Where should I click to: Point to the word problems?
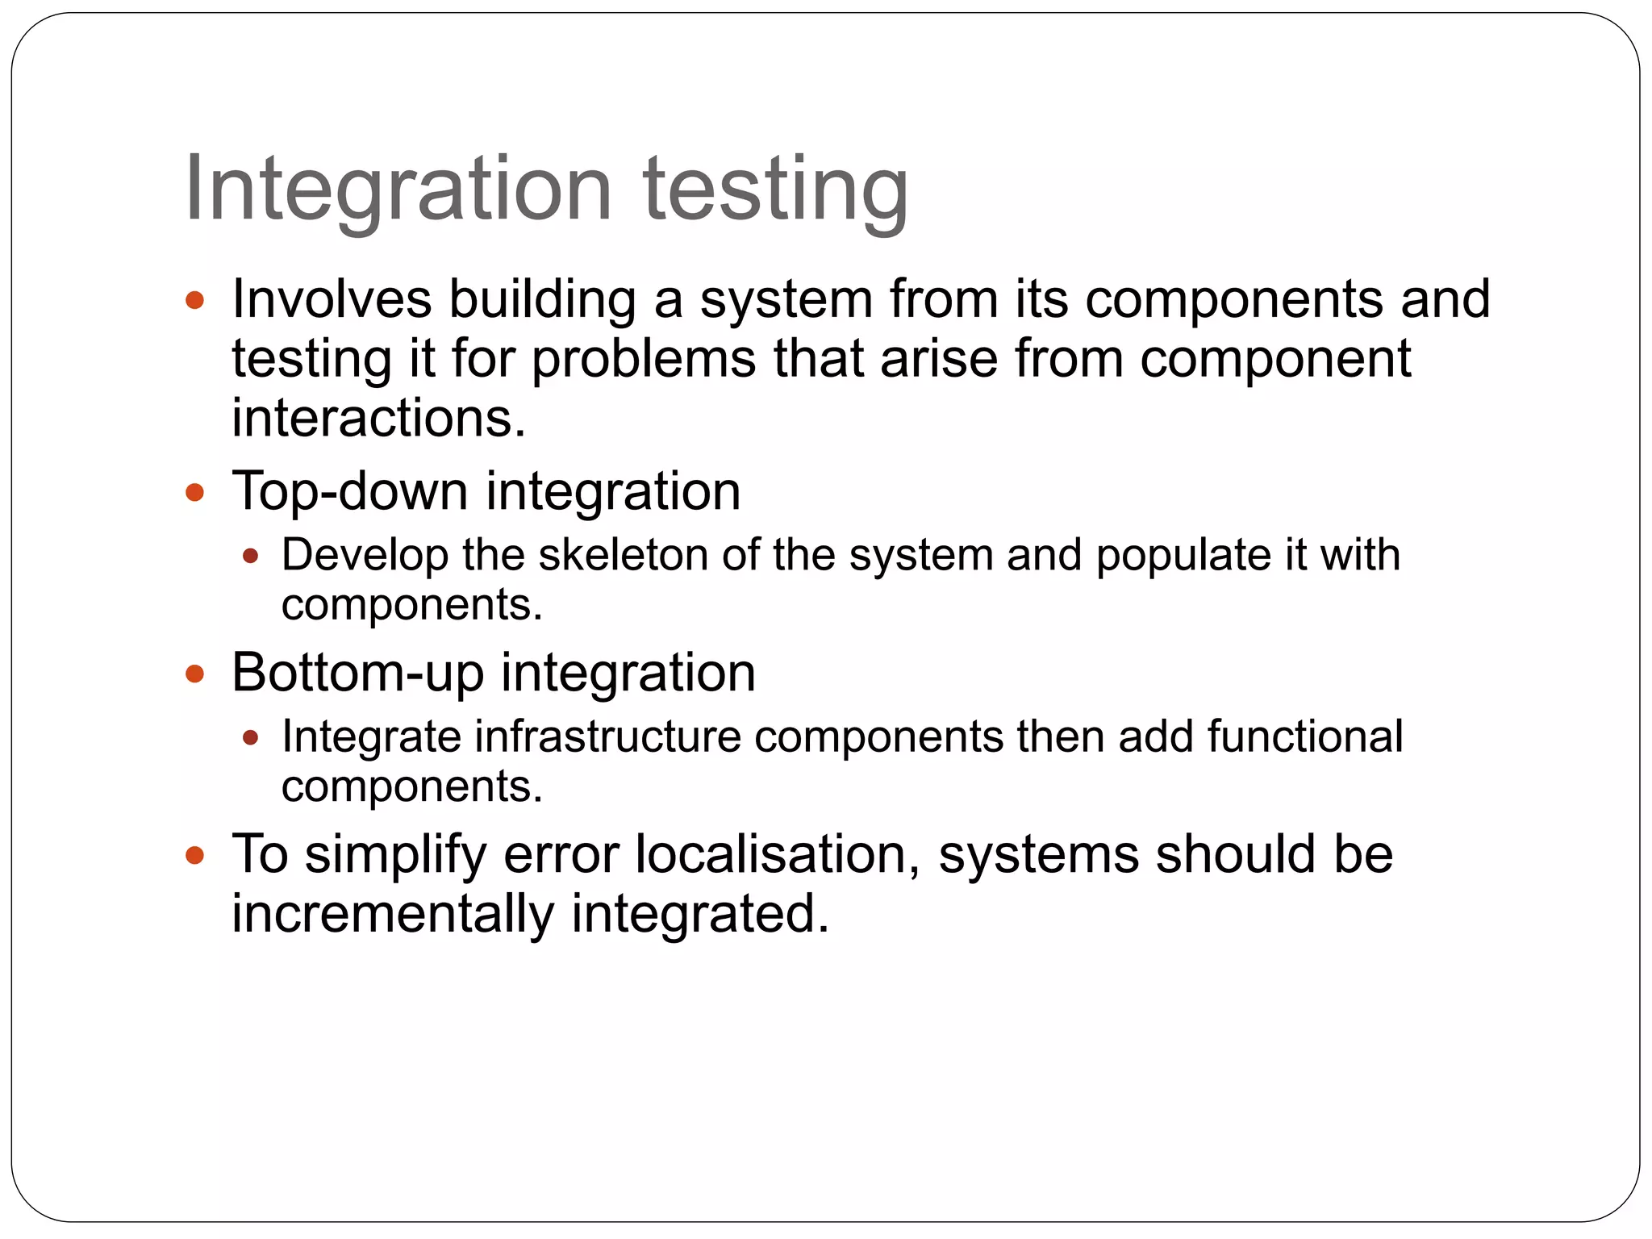tap(644, 359)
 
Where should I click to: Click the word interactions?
tap(379, 418)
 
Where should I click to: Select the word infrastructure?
tap(607, 736)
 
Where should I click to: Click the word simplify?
tap(395, 855)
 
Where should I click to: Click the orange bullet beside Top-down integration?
tap(194, 492)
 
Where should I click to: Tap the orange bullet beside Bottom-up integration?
tap(194, 674)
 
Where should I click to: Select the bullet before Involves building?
tap(194, 301)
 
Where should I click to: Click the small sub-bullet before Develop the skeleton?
tap(250, 556)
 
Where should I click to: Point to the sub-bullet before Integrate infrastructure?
tap(250, 737)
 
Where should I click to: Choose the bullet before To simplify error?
tap(194, 855)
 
